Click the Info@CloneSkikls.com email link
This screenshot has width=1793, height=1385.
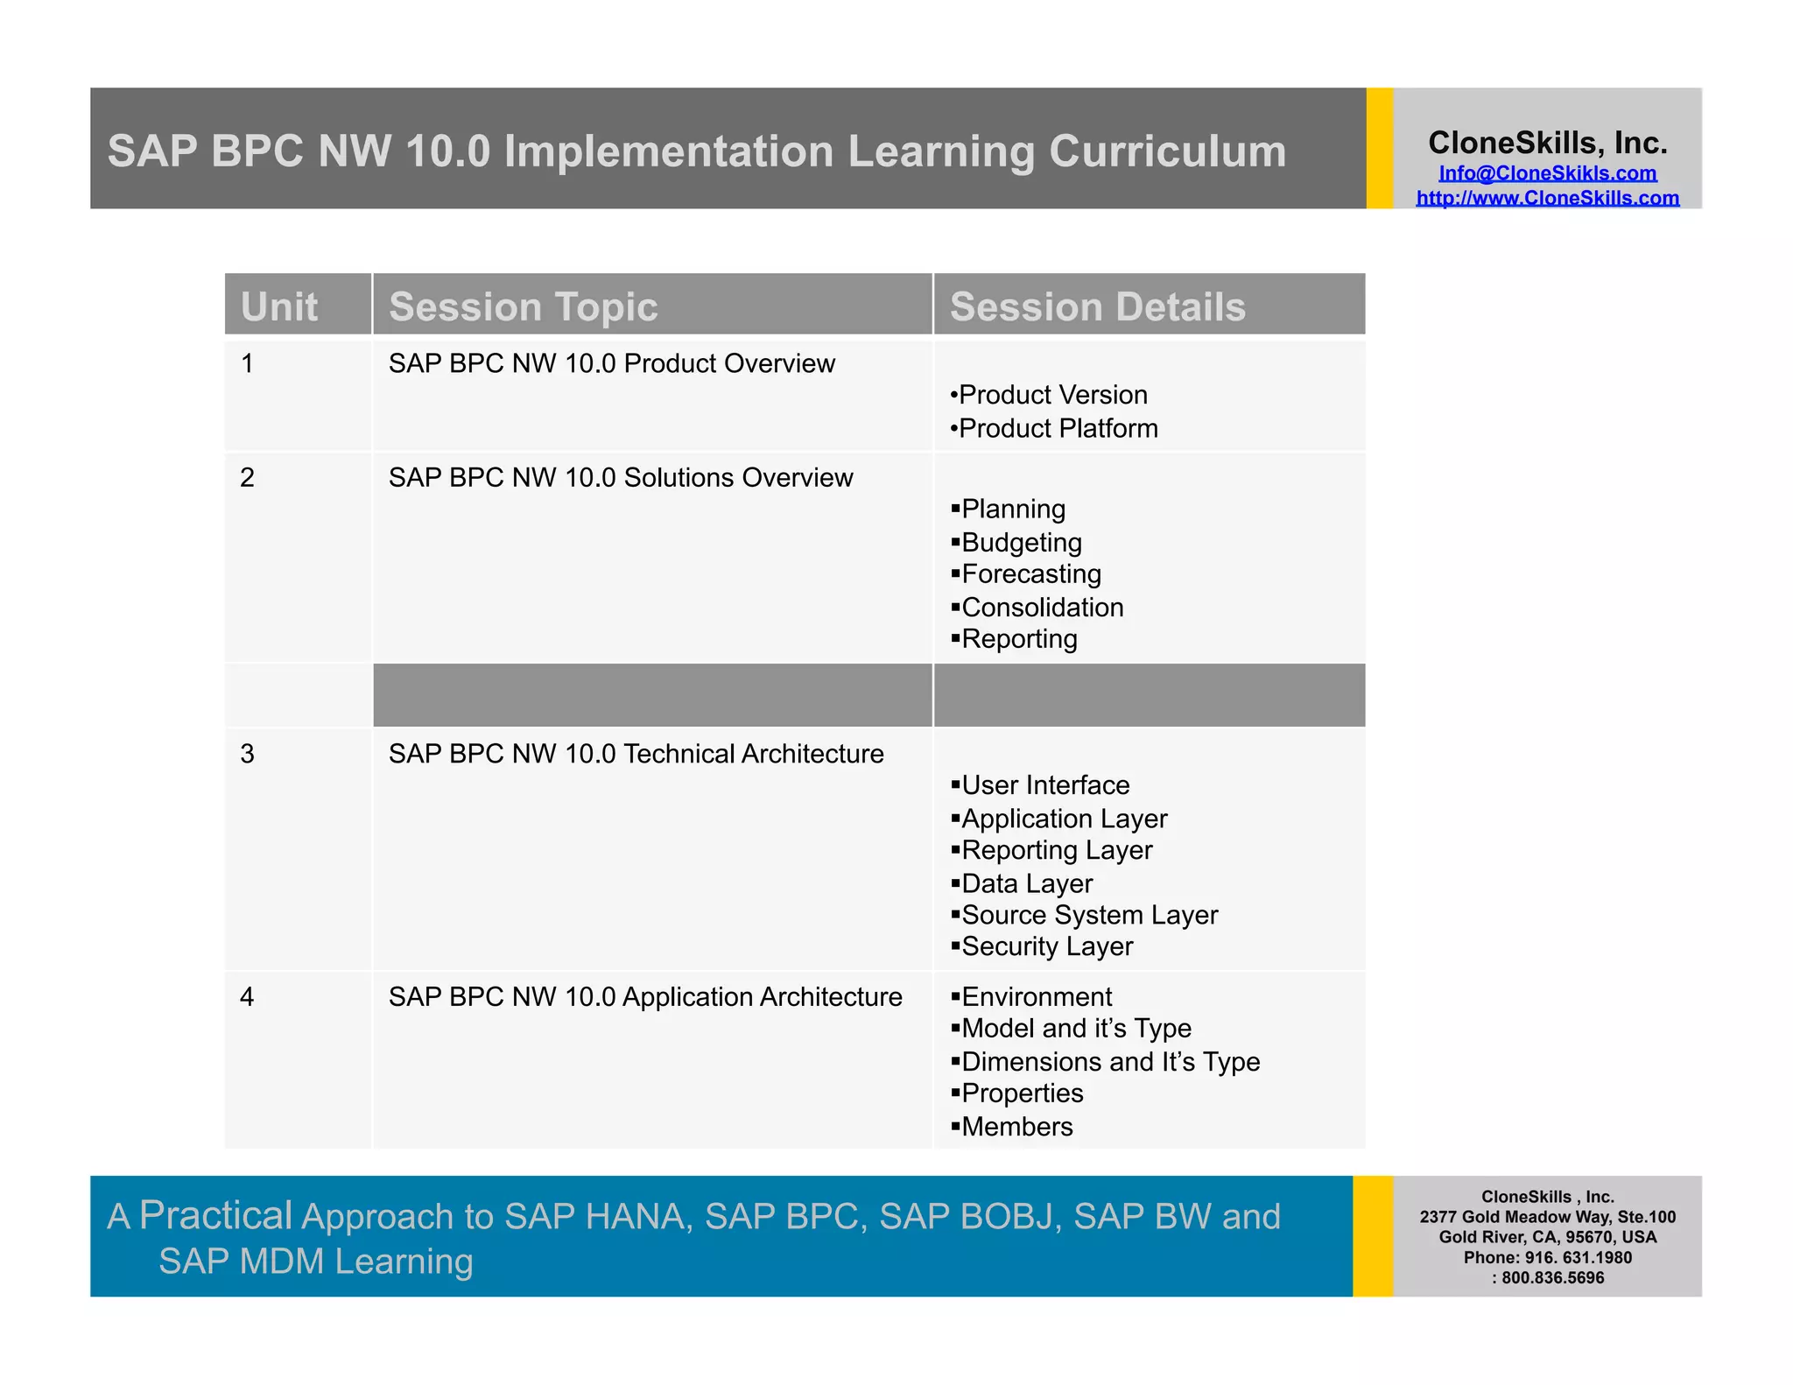point(1547,173)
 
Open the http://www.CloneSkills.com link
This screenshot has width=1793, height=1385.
point(1547,198)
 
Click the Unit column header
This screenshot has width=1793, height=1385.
point(279,306)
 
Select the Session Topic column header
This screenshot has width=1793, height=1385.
point(523,306)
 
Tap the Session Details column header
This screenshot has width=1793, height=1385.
point(1097,306)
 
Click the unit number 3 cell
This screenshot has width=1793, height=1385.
point(248,754)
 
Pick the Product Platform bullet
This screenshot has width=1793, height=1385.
point(1057,428)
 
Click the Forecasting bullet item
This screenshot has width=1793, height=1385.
point(1030,574)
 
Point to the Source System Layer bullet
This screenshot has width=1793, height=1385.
point(1089,915)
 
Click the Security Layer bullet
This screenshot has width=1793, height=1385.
point(1046,946)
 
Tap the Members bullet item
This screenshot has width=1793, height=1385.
point(1016,1127)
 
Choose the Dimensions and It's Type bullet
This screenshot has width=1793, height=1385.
point(1110,1062)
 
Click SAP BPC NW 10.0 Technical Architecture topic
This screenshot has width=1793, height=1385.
point(636,754)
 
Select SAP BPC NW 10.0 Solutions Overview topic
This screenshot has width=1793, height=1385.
point(620,478)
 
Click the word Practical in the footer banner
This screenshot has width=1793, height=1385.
point(215,1215)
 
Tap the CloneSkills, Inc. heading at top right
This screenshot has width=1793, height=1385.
point(1547,143)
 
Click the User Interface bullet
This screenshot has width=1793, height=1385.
point(1044,785)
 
